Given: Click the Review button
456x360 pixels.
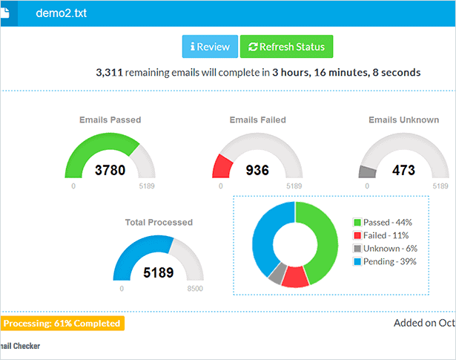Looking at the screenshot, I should point(210,47).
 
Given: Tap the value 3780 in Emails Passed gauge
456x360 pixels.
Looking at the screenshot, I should point(110,170).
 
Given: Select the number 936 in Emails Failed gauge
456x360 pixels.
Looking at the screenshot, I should point(257,170).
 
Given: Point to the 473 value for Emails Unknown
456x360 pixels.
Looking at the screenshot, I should point(403,170).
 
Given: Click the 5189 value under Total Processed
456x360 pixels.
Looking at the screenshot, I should point(158,272).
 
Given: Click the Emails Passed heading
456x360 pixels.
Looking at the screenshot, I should point(110,120).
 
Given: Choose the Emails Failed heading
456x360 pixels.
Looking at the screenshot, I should point(257,120).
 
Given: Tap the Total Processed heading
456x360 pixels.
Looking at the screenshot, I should point(159,222).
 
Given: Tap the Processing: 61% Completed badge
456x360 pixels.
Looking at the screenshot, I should point(62,323).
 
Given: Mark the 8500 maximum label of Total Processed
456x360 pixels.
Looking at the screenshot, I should point(195,288).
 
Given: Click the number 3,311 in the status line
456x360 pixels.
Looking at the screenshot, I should point(109,73).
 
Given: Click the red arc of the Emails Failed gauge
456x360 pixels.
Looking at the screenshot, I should point(219,167).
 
